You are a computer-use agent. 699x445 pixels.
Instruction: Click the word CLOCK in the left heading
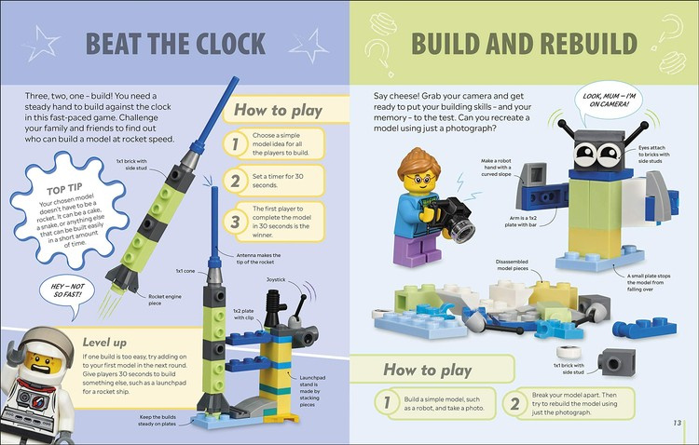(x=230, y=44)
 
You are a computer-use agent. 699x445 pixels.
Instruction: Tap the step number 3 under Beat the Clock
(x=235, y=222)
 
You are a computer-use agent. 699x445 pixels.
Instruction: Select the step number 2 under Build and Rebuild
(x=514, y=404)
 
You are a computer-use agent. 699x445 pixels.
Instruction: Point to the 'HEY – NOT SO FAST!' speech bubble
(x=67, y=291)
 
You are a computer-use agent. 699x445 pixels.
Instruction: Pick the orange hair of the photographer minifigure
(x=418, y=163)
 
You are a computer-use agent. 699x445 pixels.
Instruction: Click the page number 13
(x=678, y=423)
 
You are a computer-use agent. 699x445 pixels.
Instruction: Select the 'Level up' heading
(x=104, y=342)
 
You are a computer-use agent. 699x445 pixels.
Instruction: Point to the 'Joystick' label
(x=276, y=279)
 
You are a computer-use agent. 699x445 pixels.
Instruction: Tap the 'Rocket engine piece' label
(x=165, y=300)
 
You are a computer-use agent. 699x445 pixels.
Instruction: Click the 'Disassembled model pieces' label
(x=512, y=265)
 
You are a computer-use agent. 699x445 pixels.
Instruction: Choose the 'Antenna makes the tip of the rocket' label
(x=258, y=259)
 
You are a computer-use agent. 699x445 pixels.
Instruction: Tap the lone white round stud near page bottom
(x=569, y=352)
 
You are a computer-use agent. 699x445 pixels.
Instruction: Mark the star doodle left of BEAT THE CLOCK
(x=42, y=43)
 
